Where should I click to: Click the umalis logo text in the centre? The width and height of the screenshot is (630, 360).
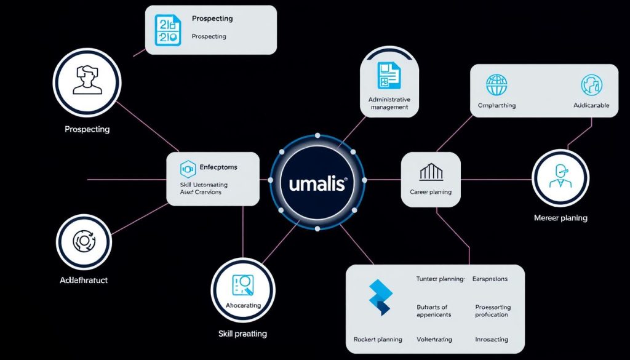coord(317,183)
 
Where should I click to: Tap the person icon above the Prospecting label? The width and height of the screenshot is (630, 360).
coord(86,81)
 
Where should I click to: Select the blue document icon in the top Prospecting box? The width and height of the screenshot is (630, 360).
coord(168,30)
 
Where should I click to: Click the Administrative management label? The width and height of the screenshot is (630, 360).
coord(389,103)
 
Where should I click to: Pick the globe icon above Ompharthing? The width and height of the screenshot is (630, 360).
coord(496,84)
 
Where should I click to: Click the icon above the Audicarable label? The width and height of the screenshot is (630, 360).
coord(591,84)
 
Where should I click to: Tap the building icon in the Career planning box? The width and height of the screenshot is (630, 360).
coord(431,172)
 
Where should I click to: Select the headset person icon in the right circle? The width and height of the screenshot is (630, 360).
coord(560,177)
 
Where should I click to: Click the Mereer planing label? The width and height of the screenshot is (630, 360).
coord(560,218)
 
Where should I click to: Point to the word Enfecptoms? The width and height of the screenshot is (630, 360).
coord(218,167)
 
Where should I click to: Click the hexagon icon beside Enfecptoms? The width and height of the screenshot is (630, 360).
coord(187,169)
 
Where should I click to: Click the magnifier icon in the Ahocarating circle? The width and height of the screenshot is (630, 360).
coord(242,284)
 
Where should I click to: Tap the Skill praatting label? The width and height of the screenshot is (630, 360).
coord(242,334)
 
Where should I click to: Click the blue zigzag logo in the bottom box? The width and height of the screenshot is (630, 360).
coord(380,297)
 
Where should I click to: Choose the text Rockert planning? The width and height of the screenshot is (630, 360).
coord(378,339)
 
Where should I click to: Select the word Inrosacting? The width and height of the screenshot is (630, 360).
coord(492,339)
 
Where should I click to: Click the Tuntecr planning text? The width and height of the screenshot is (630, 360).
coord(440,279)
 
